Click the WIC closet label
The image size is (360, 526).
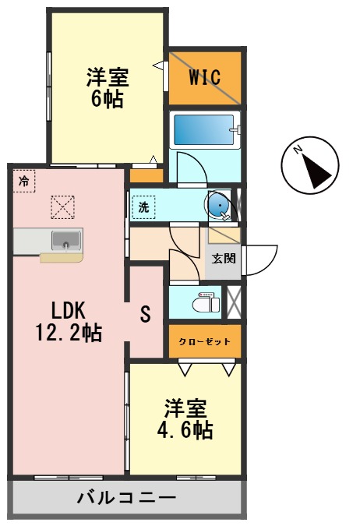coord(205,77)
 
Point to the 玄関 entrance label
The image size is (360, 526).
coord(224,258)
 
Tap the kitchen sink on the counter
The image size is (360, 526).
coord(66,240)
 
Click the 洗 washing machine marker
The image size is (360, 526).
coord(144,207)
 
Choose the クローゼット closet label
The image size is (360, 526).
coord(204,341)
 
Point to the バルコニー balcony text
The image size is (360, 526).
coord(125,497)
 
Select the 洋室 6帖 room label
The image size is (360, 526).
coord(107,87)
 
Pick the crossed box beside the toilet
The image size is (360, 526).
coord(233,301)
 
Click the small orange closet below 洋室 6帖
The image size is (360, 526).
coord(146,175)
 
